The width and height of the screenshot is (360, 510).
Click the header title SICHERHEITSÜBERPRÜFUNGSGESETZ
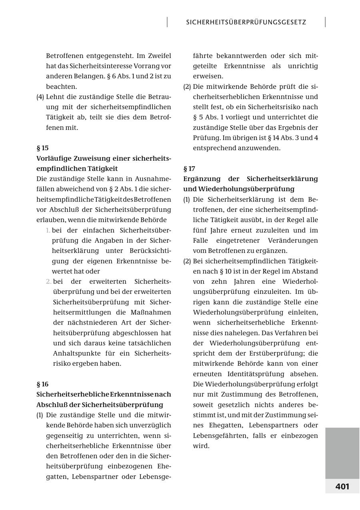tap(246, 22)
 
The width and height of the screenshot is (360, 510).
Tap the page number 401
tap(342, 486)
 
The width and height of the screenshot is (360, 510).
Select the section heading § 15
tap(42, 148)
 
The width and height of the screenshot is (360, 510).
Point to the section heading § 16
tap(42, 384)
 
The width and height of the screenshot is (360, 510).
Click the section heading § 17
tap(189, 169)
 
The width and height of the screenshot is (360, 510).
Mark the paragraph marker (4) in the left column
tap(40, 97)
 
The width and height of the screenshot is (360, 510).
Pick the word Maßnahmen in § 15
tap(152, 312)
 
